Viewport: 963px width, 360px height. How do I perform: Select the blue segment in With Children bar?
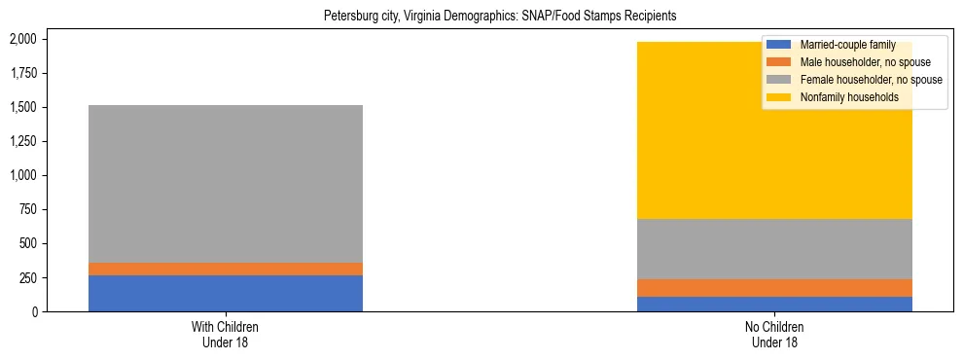click(x=226, y=293)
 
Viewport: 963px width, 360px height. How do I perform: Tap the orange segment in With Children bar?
click(x=226, y=269)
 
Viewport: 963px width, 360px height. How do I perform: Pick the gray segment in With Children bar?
click(x=226, y=184)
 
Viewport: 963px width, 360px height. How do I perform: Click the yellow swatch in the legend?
click(x=779, y=98)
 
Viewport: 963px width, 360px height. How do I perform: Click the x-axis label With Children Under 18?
click(x=226, y=335)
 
